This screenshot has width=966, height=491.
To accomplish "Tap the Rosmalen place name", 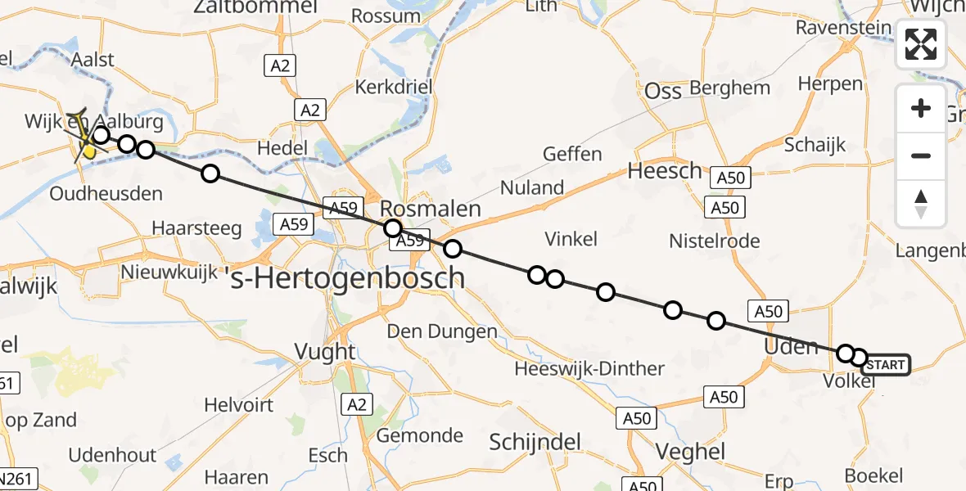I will (x=430, y=209).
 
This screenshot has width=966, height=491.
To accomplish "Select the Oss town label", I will (x=663, y=91).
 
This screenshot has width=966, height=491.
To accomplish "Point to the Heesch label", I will (x=665, y=171).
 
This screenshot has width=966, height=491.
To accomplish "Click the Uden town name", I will (x=790, y=346).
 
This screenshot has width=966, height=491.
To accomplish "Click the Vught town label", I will (x=325, y=352).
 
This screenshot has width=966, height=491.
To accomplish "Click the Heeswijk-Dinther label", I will (x=589, y=368).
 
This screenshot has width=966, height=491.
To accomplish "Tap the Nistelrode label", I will (x=714, y=241).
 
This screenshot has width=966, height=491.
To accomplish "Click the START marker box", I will (x=885, y=365).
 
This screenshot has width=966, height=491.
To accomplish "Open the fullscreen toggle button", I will (x=921, y=44).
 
